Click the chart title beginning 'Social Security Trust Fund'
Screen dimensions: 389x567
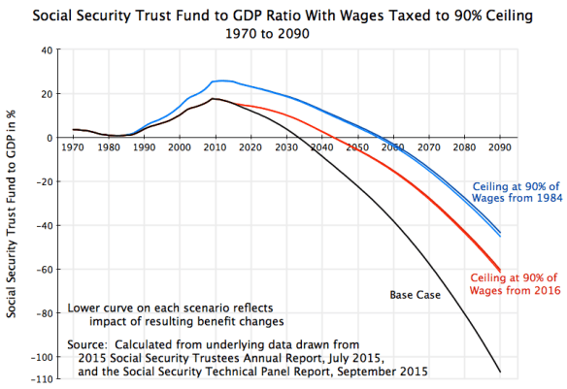[283, 13]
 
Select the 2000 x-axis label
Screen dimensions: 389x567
[179, 147]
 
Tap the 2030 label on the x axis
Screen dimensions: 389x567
[285, 147]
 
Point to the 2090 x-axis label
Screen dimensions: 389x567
[499, 147]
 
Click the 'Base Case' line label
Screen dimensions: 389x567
[417, 294]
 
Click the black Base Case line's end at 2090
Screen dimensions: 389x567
[499, 372]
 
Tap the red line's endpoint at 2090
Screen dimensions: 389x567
[499, 271]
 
